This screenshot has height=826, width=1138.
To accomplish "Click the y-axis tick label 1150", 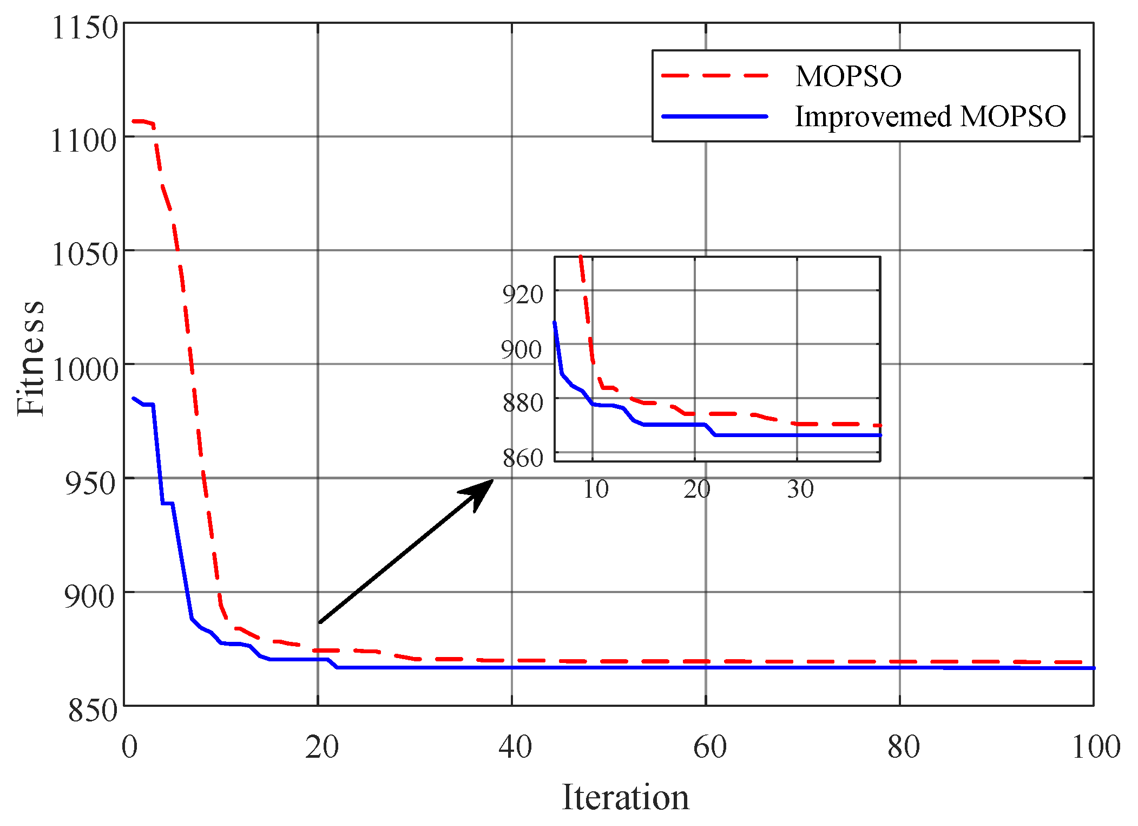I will pos(84,28).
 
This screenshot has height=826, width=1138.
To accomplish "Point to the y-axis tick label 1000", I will pos(84,370).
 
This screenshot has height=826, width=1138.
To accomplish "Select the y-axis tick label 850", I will pos(92,711).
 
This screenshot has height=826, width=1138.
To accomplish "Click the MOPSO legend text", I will pos(848,76).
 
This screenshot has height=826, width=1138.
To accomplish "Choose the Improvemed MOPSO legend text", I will pos(930,116).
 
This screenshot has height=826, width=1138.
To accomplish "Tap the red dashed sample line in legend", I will pos(714,76).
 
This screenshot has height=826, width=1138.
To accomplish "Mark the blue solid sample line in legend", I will pos(714,116).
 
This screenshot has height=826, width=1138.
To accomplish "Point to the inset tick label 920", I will pos(522,295).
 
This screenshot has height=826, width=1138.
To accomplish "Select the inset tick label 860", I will pos(522,458).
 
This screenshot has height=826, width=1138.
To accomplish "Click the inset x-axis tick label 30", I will pos(800,489).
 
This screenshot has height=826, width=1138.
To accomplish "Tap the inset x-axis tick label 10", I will pos(595,489).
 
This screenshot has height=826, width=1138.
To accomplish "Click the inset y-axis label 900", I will pos(521,349).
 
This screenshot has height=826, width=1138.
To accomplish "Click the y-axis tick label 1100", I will pos(83,141).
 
